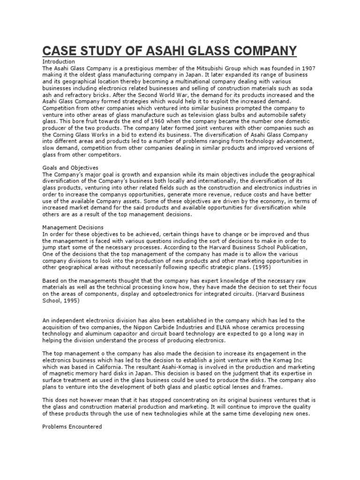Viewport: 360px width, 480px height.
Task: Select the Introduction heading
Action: pyautogui.click(x=59, y=61)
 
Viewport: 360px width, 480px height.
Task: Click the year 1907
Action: pyautogui.click(x=307, y=68)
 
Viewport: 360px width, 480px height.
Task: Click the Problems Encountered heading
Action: pyautogui.click(x=72, y=427)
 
